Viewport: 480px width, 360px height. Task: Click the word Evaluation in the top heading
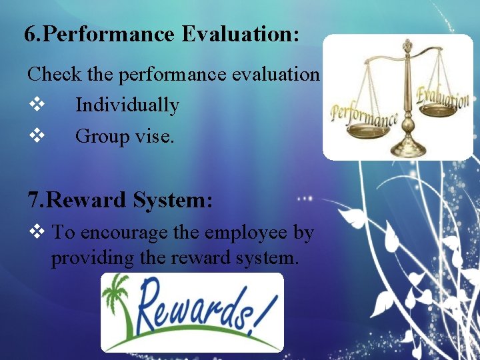[x=239, y=35]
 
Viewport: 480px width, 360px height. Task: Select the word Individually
[x=127, y=105]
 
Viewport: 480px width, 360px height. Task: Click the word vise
[x=155, y=137]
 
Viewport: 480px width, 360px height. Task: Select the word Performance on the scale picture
[x=363, y=118]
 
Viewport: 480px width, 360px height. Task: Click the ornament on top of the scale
[x=407, y=47]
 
